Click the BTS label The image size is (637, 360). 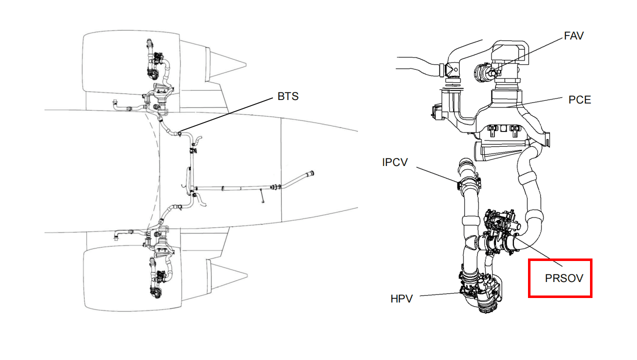tap(288, 96)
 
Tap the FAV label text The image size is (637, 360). tap(573, 36)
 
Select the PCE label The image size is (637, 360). tap(579, 100)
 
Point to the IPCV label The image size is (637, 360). tap(394, 162)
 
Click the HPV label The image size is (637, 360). tap(401, 299)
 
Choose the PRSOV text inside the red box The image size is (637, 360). tap(563, 278)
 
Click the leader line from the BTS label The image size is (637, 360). tap(225, 115)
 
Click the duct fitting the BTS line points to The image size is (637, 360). tap(178, 133)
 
